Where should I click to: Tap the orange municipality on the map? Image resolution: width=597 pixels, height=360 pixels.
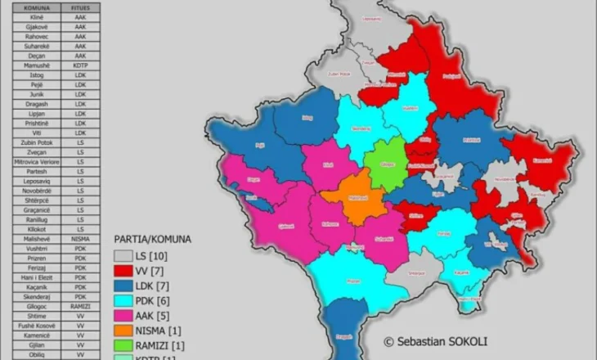tap(351, 197)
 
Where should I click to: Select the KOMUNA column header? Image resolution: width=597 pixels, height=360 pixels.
tap(38, 7)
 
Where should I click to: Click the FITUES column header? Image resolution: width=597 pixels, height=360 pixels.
tap(80, 7)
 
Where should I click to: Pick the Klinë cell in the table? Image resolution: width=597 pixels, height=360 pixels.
tap(38, 16)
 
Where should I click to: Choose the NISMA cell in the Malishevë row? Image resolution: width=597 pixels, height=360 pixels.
tap(80, 238)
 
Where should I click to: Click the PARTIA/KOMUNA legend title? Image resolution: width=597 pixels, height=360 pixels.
tap(152, 240)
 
